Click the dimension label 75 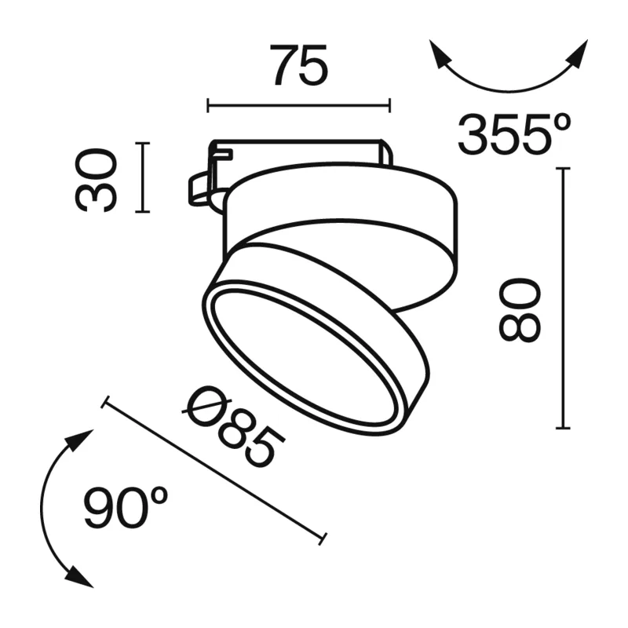tap(299, 65)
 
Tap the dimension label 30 tap(96, 180)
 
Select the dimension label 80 tap(520, 310)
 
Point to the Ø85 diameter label tap(233, 429)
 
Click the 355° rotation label tap(514, 134)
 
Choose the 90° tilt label tap(126, 507)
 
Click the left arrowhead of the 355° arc tap(440, 54)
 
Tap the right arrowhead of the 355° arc tap(577, 54)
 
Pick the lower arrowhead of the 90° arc tap(78, 576)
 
